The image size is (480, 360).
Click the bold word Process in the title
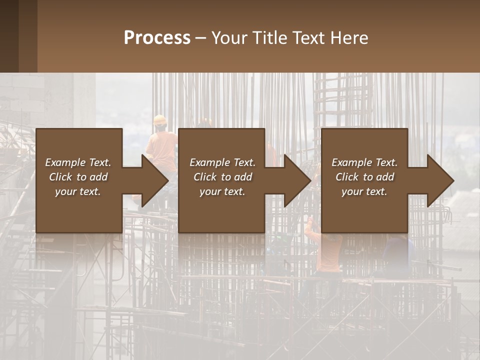pos(157,38)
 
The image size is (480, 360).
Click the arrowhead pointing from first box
pos(155,180)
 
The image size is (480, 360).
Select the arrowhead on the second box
pos(297,180)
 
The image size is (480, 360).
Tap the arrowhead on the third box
pos(440,180)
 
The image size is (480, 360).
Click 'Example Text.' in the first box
pos(78,162)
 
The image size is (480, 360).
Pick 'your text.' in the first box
pos(78,191)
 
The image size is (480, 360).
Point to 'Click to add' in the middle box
pos(222,177)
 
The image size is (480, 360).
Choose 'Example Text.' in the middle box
pos(222,162)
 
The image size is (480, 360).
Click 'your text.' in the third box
pos(364,191)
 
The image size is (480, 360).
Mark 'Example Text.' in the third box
pos(364,162)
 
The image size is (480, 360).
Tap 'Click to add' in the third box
pos(364,177)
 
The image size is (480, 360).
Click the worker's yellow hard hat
pos(160,120)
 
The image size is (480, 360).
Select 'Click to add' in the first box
pos(78,177)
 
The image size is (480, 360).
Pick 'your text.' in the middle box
pos(222,191)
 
